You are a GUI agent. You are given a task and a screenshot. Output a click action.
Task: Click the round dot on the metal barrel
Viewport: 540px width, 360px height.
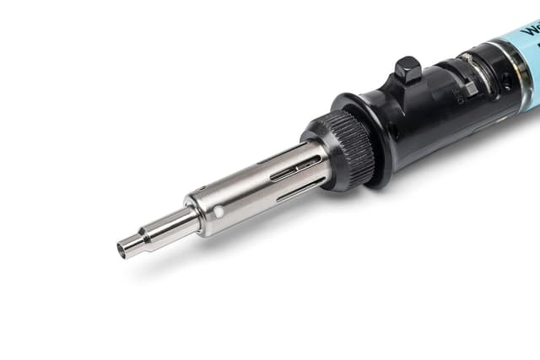pyautogui.click(x=219, y=212)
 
